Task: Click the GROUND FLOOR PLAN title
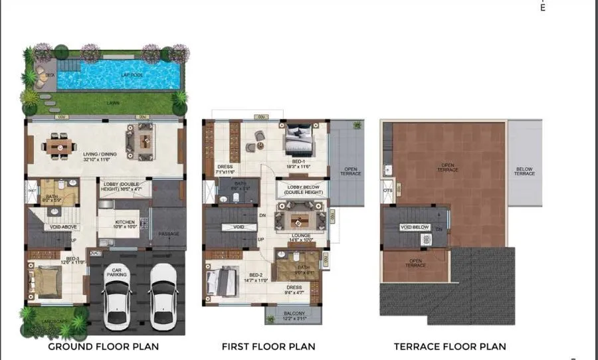coord(103,346)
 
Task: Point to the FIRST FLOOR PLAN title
coord(268,346)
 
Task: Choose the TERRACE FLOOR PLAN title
coord(450,346)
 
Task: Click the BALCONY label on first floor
coord(293,315)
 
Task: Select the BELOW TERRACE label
coord(524,171)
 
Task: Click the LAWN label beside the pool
coord(114,103)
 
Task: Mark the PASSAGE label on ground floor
coord(168,233)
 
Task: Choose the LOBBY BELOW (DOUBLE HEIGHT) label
coord(304,189)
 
